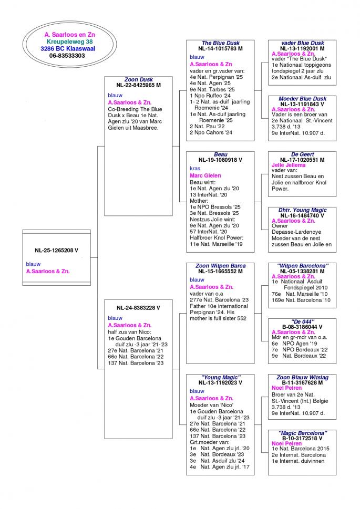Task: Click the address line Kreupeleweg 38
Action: [x=69, y=41]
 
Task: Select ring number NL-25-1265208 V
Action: [x=56, y=251]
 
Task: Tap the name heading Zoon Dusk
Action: [x=139, y=80]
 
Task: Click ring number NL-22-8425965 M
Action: [x=139, y=85]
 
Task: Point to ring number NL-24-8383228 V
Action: [x=139, y=308]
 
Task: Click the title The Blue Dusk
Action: [x=220, y=43]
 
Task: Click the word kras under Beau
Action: [x=195, y=169]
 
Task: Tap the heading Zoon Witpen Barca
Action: [x=220, y=266]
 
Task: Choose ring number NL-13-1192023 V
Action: [x=220, y=383]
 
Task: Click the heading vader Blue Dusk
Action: [x=303, y=43]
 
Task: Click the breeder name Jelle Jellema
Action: [x=289, y=165]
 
